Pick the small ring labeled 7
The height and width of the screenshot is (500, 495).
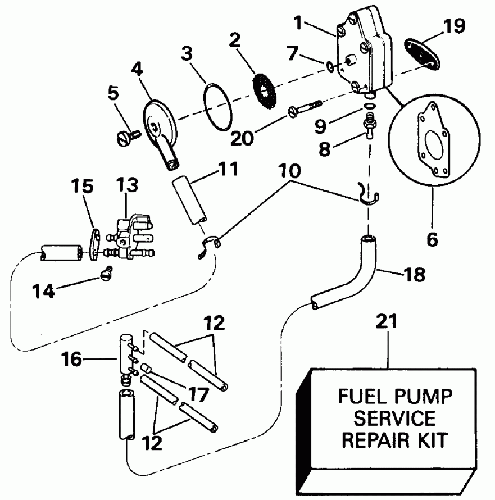click(329, 67)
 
